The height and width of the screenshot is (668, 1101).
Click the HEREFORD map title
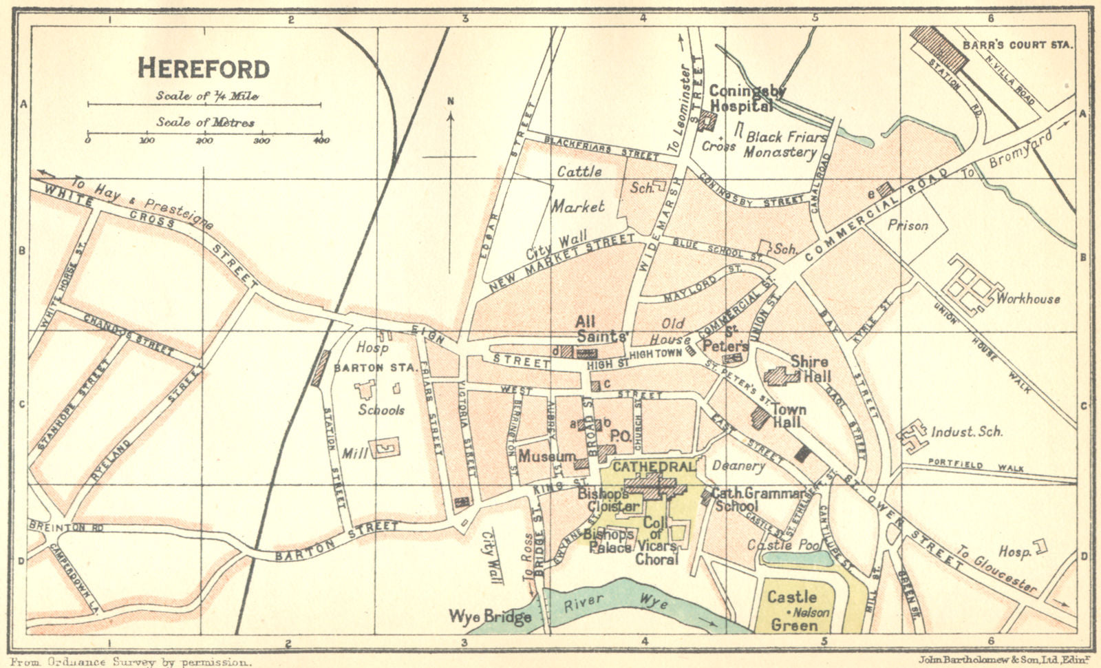[204, 69]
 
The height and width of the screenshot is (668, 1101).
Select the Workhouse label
[1028, 299]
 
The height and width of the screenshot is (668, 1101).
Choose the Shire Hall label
[810, 369]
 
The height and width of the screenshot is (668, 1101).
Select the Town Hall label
[787, 415]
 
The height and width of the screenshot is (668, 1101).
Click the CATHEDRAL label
[653, 467]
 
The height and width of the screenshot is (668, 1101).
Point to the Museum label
[546, 457]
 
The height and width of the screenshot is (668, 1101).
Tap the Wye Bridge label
[490, 616]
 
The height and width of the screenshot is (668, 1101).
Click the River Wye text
[616, 601]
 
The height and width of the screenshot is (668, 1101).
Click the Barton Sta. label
[374, 368]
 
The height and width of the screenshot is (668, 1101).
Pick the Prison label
[908, 225]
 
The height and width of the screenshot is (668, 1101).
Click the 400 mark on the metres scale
[321, 140]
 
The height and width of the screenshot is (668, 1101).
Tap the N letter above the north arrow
[451, 102]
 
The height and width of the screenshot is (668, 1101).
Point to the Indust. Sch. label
[966, 432]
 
